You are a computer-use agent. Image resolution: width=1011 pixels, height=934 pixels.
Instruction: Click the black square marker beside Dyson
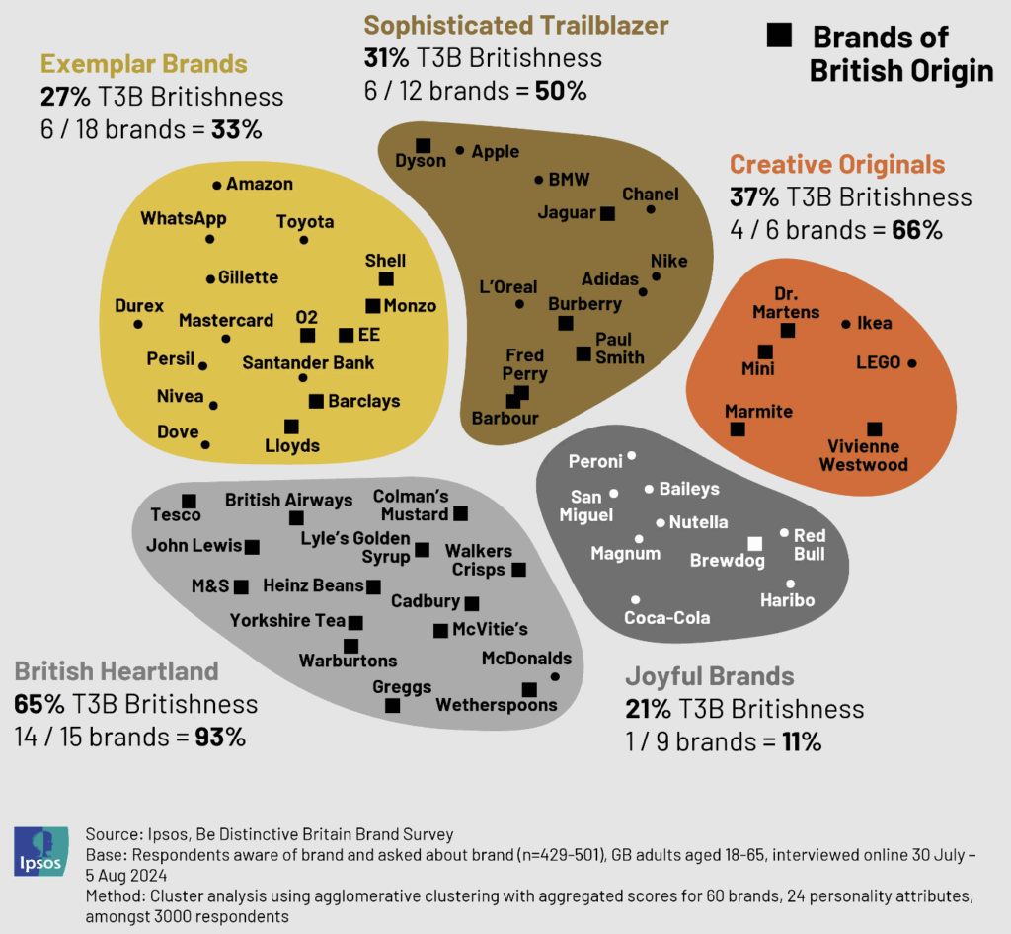(x=423, y=144)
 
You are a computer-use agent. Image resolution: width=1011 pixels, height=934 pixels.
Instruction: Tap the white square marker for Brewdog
(x=755, y=543)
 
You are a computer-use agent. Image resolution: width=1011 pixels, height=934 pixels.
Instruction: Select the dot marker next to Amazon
(x=217, y=185)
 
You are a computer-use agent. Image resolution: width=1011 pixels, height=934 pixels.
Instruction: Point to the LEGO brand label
(x=878, y=362)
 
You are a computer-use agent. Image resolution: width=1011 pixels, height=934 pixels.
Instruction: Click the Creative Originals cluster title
(x=837, y=164)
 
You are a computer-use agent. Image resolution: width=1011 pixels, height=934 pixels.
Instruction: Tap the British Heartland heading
(x=116, y=671)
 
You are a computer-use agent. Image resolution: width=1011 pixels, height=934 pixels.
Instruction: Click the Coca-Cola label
(x=667, y=618)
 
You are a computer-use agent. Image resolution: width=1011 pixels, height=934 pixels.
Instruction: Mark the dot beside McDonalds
(x=555, y=676)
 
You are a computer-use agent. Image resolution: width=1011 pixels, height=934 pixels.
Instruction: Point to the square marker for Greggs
(x=392, y=705)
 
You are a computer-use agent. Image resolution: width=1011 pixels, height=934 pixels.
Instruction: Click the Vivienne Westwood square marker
(x=874, y=428)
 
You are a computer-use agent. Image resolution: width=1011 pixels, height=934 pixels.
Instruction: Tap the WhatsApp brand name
(x=184, y=218)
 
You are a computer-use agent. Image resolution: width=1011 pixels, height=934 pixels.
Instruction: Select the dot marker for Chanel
(x=651, y=209)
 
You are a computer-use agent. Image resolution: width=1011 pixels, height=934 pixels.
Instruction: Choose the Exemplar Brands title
(x=143, y=65)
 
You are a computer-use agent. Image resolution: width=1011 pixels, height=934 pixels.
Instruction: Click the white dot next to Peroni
(x=632, y=455)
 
